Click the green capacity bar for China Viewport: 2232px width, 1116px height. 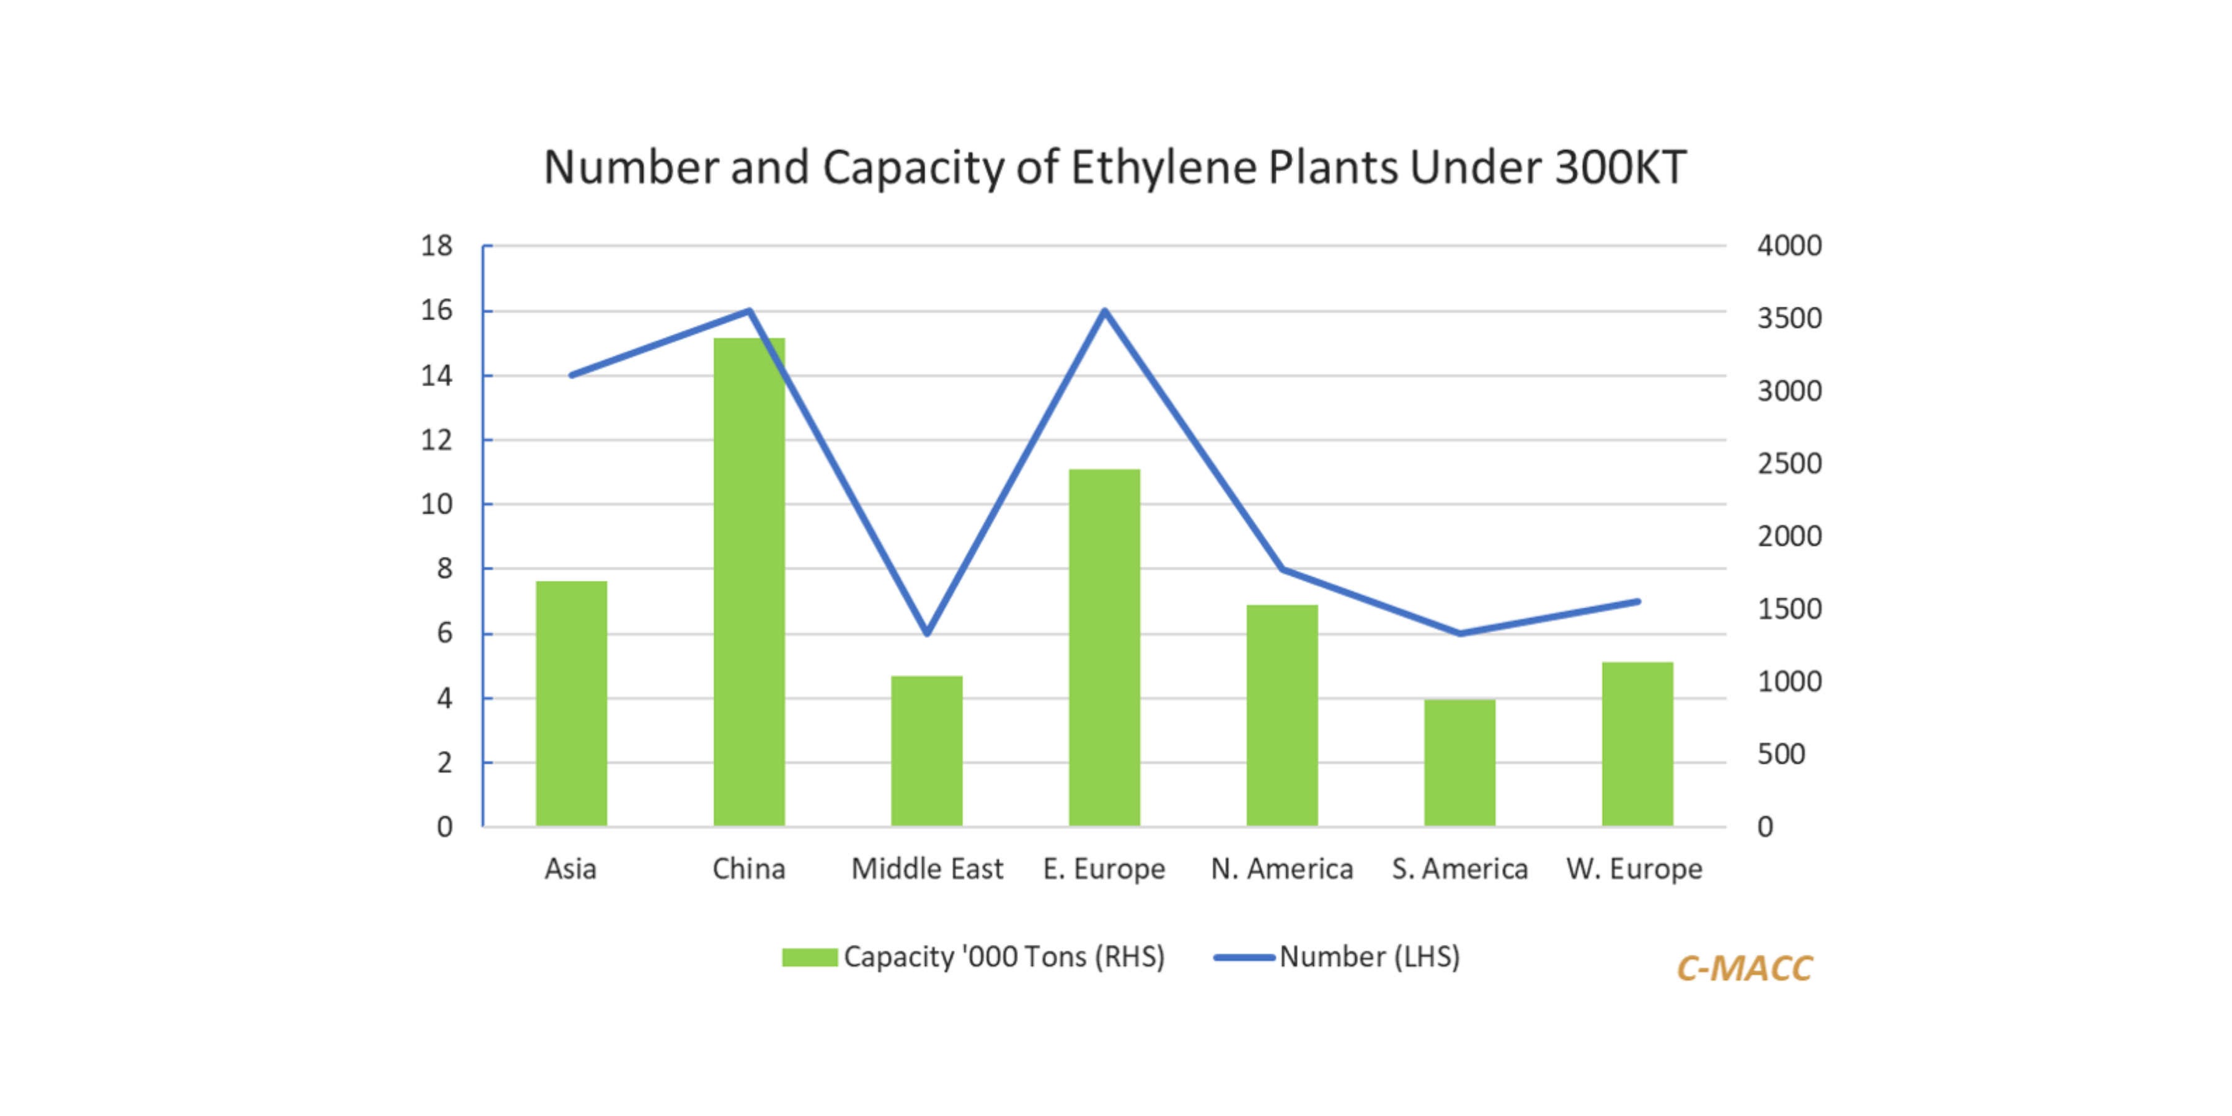click(748, 580)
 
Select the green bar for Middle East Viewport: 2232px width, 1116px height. click(926, 750)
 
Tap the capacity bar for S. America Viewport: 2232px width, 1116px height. click(1459, 763)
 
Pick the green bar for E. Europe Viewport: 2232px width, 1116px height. click(1104, 647)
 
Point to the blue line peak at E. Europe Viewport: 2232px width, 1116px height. click(1105, 310)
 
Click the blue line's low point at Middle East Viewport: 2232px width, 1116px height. click(927, 634)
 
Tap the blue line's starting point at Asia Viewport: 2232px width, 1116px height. click(571, 375)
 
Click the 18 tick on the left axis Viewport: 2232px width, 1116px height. click(436, 246)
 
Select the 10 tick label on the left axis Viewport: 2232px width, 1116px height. click(436, 504)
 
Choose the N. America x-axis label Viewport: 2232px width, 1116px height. click(1282, 868)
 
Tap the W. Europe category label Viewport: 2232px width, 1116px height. click(1634, 868)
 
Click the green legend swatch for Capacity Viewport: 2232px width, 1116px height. click(809, 957)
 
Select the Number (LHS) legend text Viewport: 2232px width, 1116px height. click(1369, 957)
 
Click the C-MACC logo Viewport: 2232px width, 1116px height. click(1744, 968)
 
